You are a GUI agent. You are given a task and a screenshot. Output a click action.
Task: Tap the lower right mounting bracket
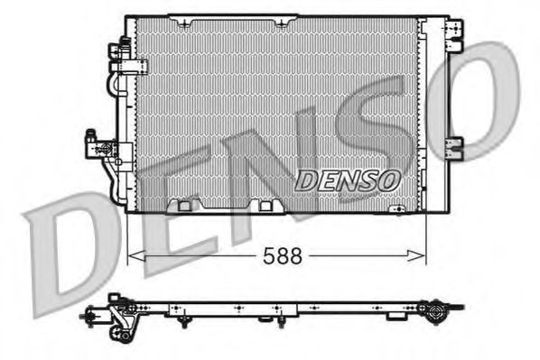click(x=455, y=144)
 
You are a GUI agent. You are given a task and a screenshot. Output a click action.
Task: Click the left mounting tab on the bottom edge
click(x=185, y=205)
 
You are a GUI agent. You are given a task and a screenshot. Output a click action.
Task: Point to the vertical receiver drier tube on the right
click(x=434, y=113)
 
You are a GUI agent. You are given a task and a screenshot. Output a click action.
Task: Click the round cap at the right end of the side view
click(x=437, y=315)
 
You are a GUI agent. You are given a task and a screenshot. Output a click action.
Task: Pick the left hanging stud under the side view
click(x=183, y=320)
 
